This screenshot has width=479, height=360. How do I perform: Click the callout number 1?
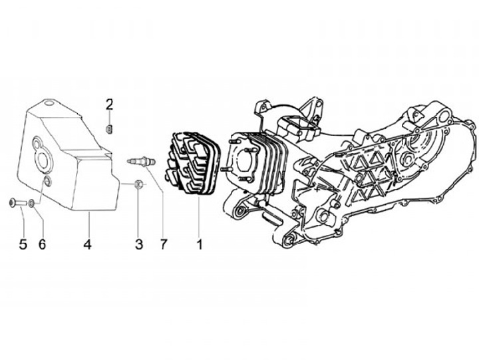pyautogui.click(x=198, y=244)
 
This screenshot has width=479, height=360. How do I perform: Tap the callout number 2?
pyautogui.click(x=110, y=104)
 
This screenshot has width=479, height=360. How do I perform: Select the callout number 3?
pyautogui.click(x=139, y=244)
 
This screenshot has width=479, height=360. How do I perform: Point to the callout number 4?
pyautogui.click(x=87, y=244)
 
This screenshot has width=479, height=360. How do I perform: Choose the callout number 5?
pyautogui.click(x=23, y=244)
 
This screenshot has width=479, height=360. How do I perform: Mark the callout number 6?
pyautogui.click(x=42, y=244)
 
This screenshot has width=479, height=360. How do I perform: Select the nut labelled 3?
pyautogui.click(x=138, y=184)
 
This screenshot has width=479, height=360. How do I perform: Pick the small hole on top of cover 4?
pyautogui.click(x=49, y=104)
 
